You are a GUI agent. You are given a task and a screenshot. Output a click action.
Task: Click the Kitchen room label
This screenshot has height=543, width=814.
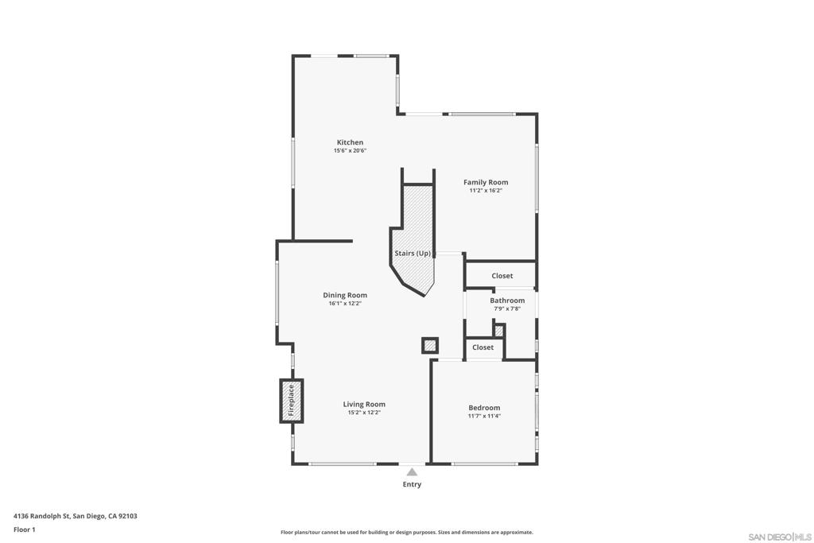pos(350,142)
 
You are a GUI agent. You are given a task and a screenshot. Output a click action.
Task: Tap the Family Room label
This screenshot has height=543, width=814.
pos(486,182)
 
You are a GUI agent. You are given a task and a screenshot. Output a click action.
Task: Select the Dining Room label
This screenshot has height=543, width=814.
pos(345,295)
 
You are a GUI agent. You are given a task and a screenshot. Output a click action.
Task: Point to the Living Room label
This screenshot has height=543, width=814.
pos(364,404)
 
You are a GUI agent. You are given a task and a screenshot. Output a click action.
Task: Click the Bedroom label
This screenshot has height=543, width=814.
pos(484,408)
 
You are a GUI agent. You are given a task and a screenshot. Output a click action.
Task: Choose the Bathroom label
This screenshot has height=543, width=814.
pos(507,301)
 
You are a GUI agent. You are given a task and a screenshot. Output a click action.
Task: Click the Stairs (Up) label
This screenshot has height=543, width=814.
pos(413,254)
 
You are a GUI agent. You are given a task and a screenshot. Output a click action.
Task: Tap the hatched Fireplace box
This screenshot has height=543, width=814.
pos(291,400)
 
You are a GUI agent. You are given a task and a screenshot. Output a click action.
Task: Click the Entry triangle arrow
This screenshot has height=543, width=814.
pos(412,472)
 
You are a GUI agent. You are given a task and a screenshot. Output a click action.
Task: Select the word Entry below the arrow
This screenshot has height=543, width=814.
pos(412,484)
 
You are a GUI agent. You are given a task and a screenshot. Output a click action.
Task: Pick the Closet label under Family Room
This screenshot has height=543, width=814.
pos(502,276)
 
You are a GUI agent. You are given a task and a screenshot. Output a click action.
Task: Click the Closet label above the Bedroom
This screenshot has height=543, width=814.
pos(483,347)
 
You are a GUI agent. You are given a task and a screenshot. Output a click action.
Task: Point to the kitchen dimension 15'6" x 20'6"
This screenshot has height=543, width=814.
pos(350,150)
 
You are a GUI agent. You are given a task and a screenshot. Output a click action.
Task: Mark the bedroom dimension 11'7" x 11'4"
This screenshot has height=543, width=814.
pos(484,416)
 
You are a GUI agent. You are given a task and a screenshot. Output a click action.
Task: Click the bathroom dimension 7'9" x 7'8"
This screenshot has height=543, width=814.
pos(507,308)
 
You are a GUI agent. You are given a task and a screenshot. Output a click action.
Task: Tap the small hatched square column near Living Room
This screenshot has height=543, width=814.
pos(429,345)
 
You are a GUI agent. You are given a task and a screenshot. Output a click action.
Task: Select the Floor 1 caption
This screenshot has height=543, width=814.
pos(25,529)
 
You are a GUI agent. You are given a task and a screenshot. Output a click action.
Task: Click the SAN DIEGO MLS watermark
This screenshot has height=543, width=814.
pos(780,536)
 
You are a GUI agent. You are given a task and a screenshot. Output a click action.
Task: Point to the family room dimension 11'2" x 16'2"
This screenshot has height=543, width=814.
pos(486,190)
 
